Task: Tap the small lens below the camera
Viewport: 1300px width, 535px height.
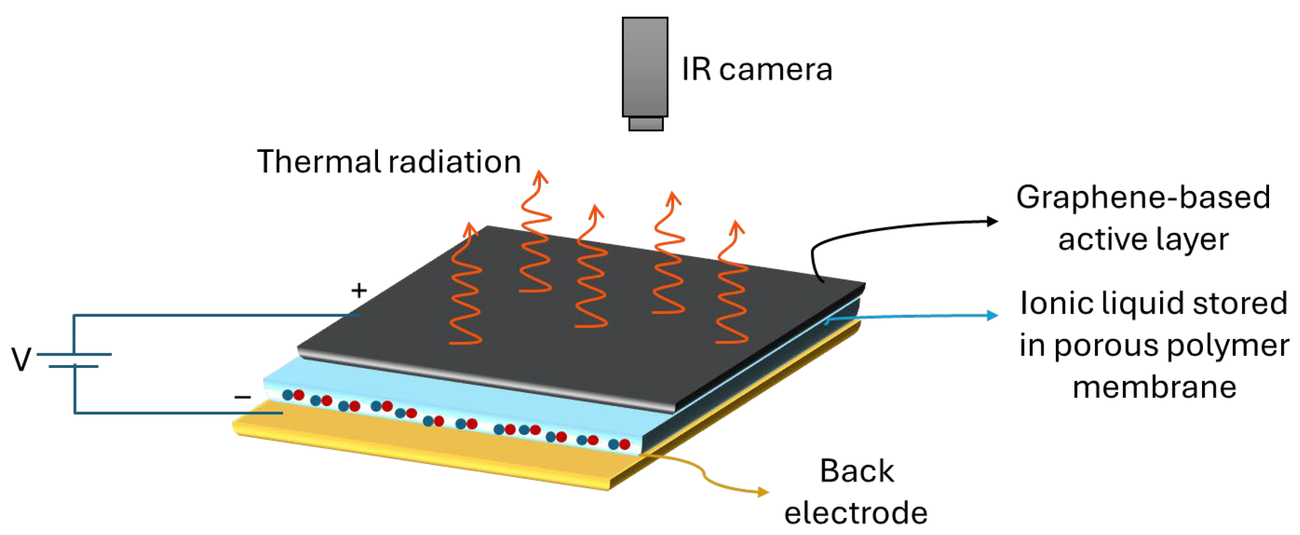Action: pos(645,124)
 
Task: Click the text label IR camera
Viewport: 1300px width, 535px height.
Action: pos(756,69)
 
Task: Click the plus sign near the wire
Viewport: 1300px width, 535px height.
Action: pos(359,290)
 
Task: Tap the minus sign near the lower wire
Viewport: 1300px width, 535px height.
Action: pos(242,397)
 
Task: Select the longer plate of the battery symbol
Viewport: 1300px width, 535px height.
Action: pos(74,354)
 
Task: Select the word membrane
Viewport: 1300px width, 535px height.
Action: pos(1154,387)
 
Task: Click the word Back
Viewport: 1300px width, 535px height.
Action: pos(856,471)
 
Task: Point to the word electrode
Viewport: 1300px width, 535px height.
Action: pos(855,513)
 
